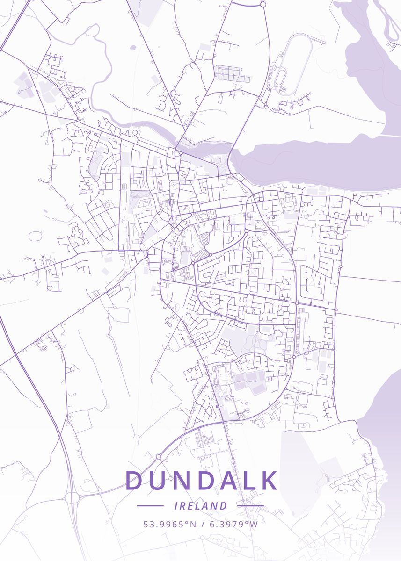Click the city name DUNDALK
(x=201, y=481)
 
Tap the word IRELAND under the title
(x=200, y=506)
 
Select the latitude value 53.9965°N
(x=170, y=524)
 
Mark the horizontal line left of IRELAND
(x=150, y=506)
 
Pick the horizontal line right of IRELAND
(x=250, y=506)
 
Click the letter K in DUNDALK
(x=269, y=481)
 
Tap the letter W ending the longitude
(x=254, y=524)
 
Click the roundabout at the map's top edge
(x=263, y=4)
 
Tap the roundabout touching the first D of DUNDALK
(x=158, y=457)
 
